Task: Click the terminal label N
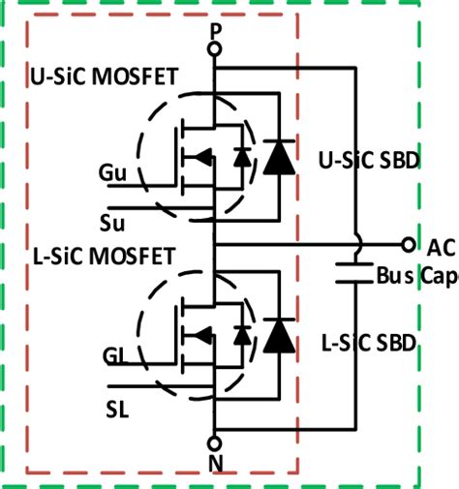coord(215,462)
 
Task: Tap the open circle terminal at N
coord(215,443)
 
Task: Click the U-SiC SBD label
coord(369,160)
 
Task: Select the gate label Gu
coord(111,172)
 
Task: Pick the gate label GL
coord(114,355)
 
